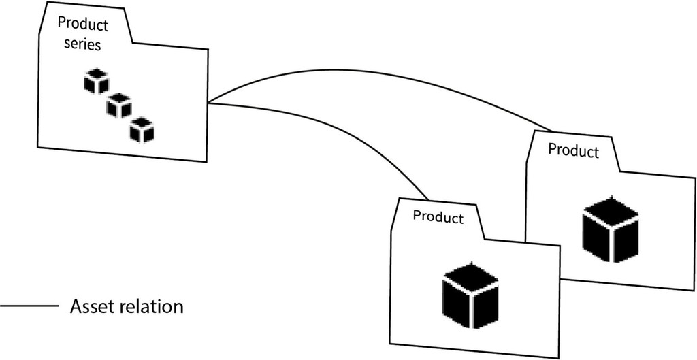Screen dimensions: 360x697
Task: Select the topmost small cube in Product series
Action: click(97, 81)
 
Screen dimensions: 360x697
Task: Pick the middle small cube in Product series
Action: click(119, 105)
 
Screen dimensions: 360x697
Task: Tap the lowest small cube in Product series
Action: click(142, 130)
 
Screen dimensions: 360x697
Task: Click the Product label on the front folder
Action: click(438, 217)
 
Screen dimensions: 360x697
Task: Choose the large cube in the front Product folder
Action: click(471, 295)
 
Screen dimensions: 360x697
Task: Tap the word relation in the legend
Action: click(155, 306)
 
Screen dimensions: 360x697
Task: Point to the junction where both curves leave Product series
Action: click(208, 103)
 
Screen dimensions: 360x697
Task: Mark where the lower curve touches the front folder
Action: click(428, 199)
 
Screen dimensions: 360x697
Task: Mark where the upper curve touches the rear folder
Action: click(553, 130)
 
